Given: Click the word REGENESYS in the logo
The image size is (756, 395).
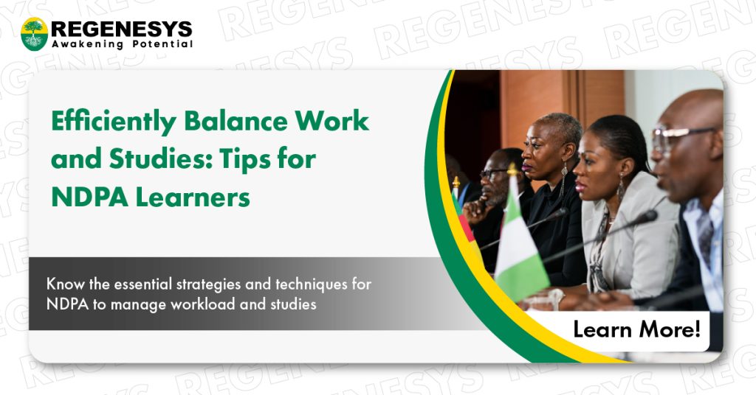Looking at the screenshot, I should pos(122,29).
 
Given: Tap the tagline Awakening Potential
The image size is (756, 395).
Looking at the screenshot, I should pos(122,44).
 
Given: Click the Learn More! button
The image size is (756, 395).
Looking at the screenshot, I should pos(636,329).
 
